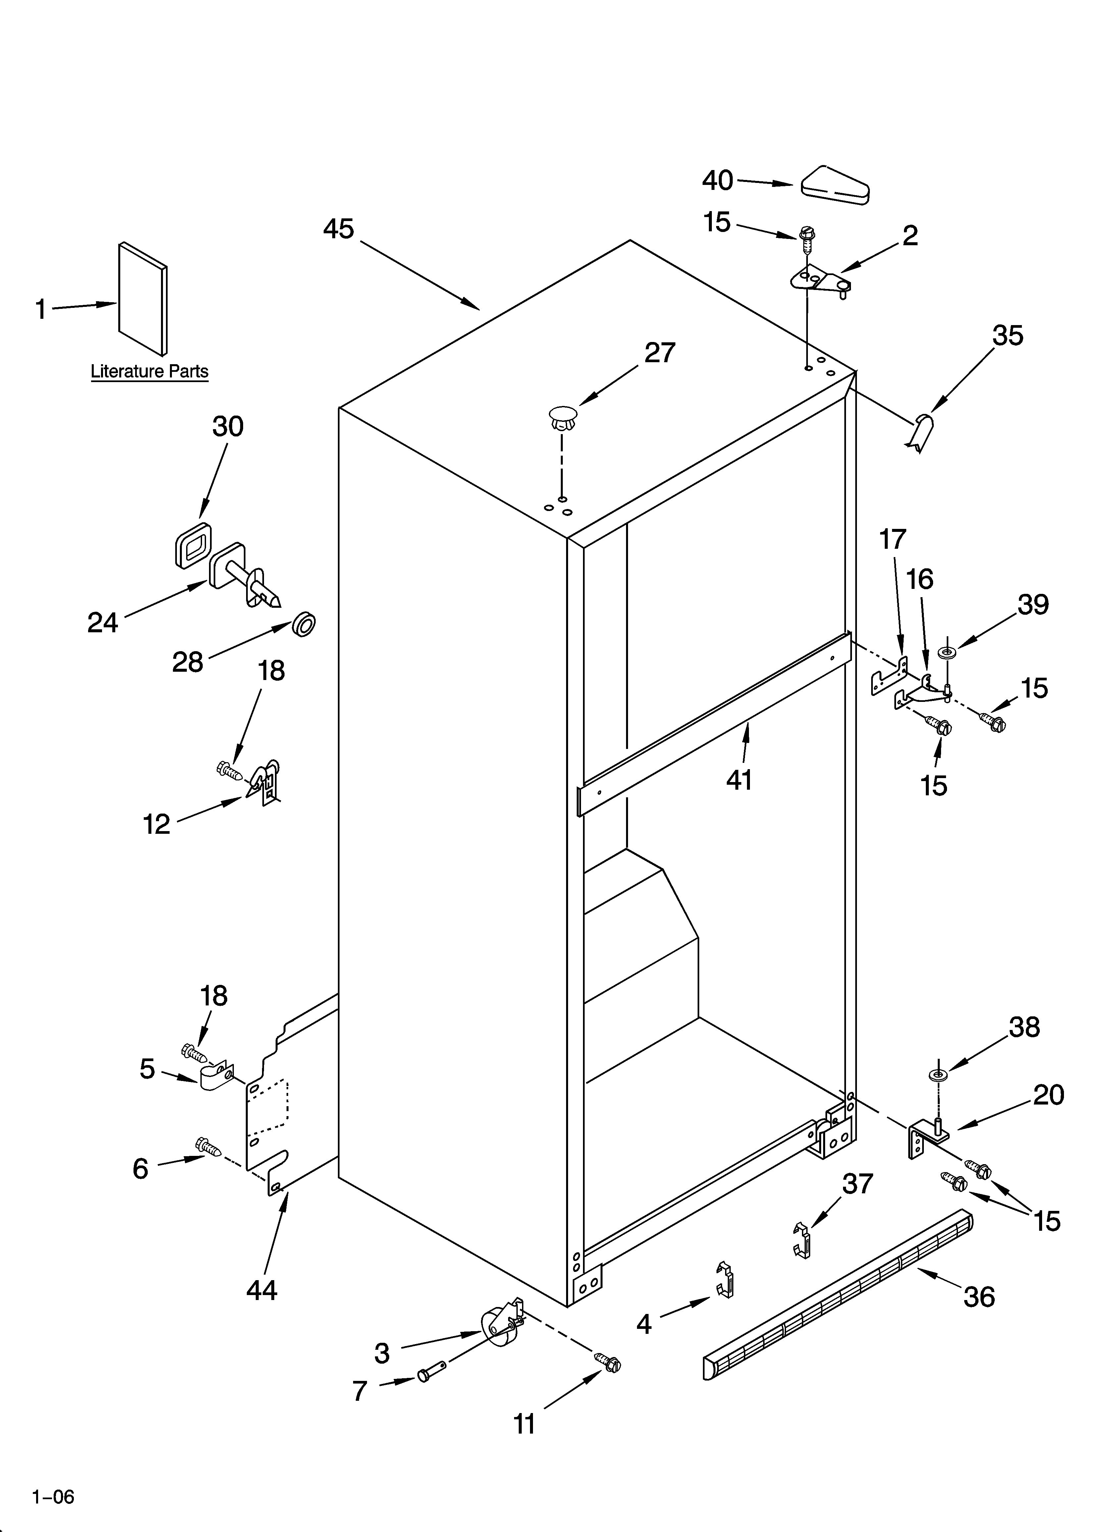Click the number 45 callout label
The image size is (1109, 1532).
[339, 229]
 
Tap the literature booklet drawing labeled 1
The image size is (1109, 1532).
[142, 299]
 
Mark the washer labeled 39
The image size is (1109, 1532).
[947, 653]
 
